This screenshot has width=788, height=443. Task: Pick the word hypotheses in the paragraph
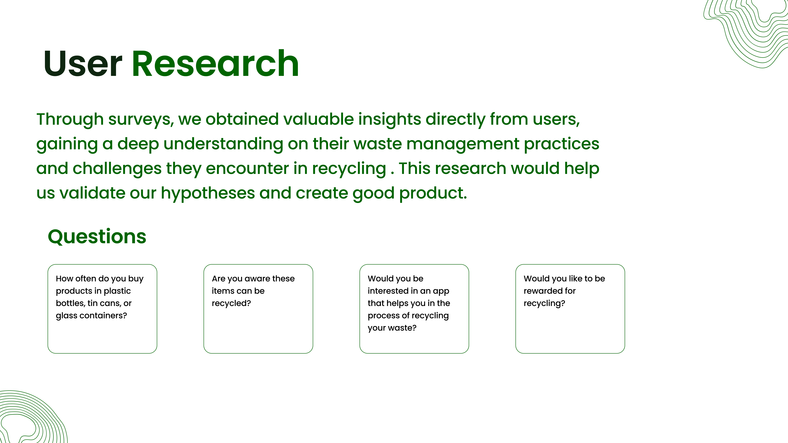tap(208, 193)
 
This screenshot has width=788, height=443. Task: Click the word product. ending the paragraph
tap(433, 193)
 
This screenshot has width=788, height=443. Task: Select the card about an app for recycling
tap(414, 309)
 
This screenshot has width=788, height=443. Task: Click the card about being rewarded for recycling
tap(570, 309)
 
